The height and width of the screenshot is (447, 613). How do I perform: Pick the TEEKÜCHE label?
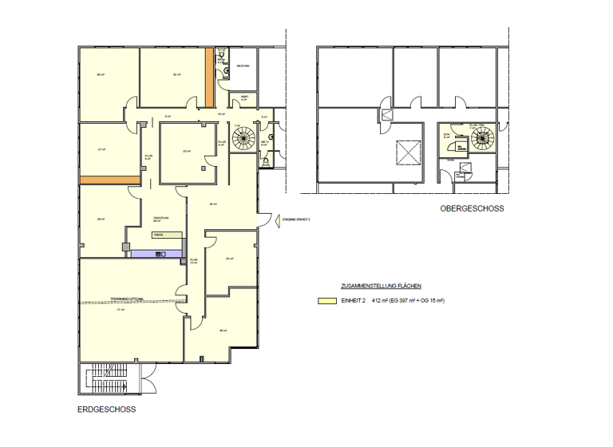coord(161,217)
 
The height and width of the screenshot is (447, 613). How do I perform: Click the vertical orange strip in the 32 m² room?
coord(208,77)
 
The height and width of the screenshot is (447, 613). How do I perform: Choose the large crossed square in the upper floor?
coord(408,151)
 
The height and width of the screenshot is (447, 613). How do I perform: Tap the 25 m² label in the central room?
coord(186,152)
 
